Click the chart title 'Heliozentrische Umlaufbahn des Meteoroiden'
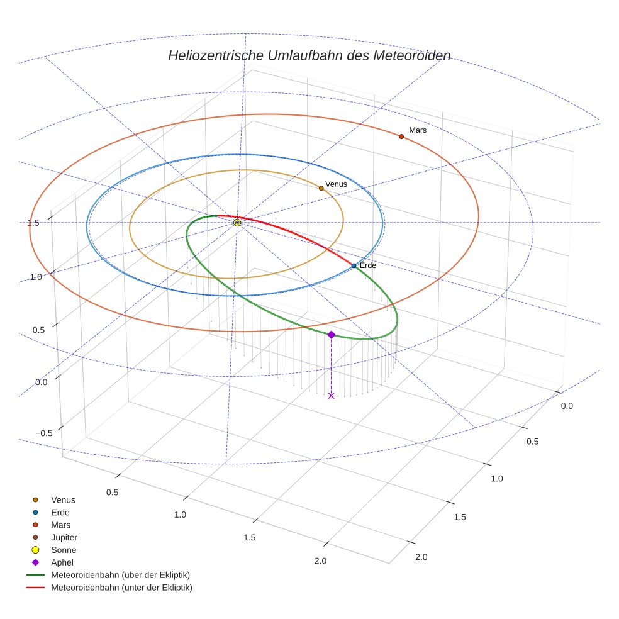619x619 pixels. click(309, 55)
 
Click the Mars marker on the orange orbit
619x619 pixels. click(401, 137)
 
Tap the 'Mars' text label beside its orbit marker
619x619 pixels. click(418, 130)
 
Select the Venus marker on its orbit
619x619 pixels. click(321, 188)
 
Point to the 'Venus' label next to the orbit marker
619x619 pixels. click(336, 184)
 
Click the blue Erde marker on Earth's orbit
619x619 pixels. click(354, 265)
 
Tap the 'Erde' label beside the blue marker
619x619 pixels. click(368, 265)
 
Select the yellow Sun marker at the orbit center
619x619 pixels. click(237, 223)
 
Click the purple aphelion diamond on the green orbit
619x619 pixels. click(331, 335)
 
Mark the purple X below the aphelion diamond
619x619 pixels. click(331, 395)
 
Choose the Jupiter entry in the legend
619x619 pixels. click(64, 537)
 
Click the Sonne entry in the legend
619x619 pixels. click(64, 550)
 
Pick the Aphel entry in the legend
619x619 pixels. click(62, 562)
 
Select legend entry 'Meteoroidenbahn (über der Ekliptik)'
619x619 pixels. click(120, 575)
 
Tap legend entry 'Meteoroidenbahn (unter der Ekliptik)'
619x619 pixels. click(121, 588)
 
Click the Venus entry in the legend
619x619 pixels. click(63, 500)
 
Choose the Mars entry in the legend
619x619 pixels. click(60, 525)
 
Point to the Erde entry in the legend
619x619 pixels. click(60, 513)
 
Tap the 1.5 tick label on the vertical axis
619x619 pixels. click(34, 223)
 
